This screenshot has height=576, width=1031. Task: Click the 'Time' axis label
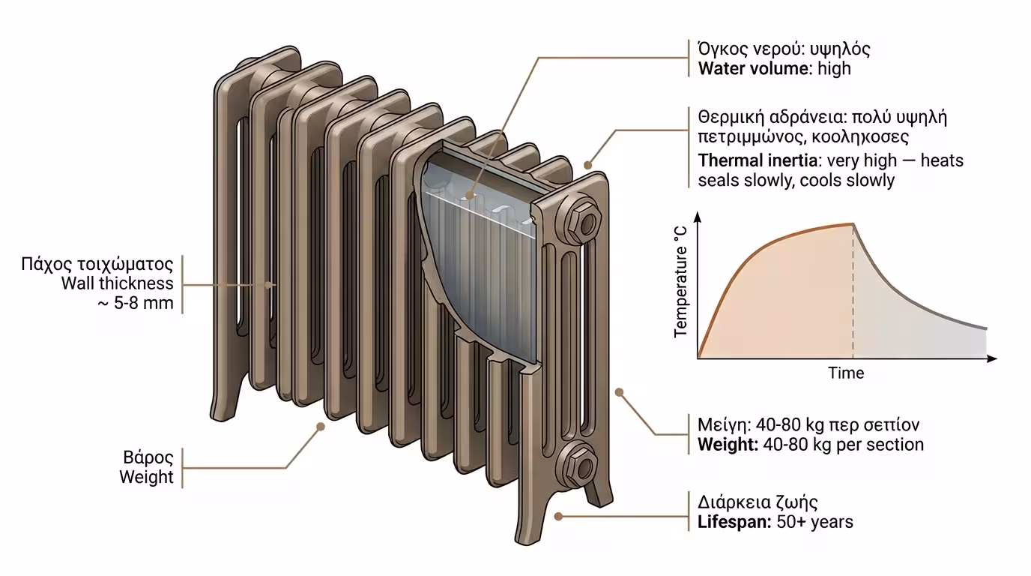coord(846,373)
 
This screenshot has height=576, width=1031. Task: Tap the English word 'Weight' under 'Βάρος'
coord(146,477)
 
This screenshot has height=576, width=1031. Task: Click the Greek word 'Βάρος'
coord(148,457)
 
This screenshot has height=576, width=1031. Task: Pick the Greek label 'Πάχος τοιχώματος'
coord(98,265)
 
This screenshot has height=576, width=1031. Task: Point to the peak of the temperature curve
coord(853,223)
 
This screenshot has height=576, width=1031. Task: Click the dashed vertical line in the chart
coord(853,300)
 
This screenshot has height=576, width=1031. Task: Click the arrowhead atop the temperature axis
coord(698,217)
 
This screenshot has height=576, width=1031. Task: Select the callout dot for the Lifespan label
coord(558,516)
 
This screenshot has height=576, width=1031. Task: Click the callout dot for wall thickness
coord(270,284)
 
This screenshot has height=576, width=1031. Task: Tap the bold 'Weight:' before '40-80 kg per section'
coord(728,444)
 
